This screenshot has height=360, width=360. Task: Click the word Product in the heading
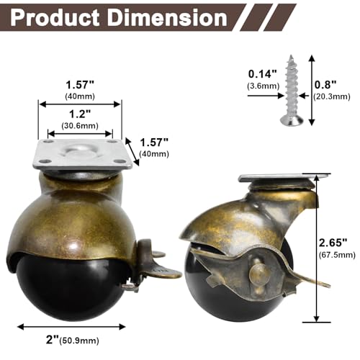(x=55, y=18)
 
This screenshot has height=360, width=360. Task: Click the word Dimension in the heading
(x=167, y=18)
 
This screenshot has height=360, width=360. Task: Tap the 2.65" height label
(x=333, y=243)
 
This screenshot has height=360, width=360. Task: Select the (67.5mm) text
(x=337, y=255)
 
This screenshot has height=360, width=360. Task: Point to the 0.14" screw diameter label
(x=263, y=74)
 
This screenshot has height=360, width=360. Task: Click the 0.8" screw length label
(x=325, y=84)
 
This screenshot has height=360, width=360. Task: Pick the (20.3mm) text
(x=331, y=96)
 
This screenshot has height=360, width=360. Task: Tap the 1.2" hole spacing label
(x=80, y=114)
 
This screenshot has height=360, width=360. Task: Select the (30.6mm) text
(x=80, y=125)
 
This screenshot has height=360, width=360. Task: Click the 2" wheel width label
(x=53, y=339)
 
